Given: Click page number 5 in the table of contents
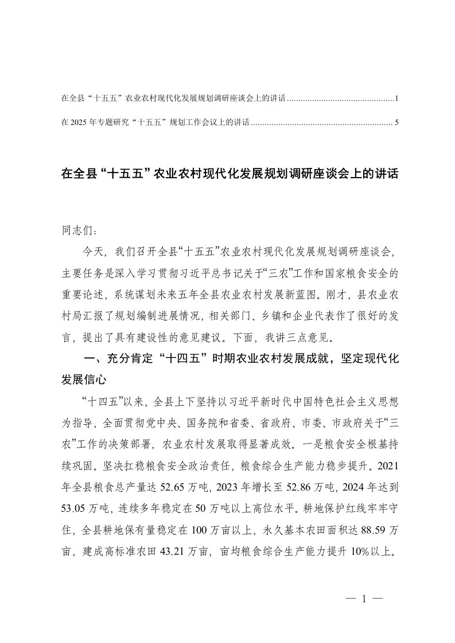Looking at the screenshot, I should pos(396,122).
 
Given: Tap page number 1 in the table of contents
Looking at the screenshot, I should pos(396,99).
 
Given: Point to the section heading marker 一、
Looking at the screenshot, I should pos(94,359).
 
